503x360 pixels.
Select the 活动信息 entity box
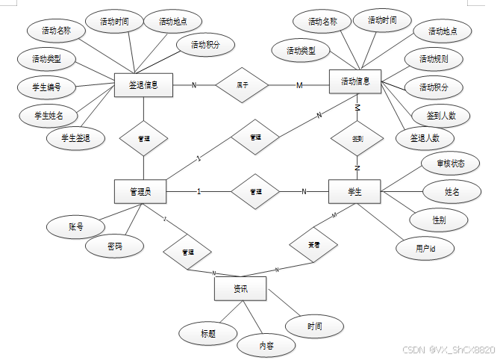click(355, 82)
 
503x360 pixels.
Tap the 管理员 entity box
click(140, 192)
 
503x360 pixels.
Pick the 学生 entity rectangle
click(354, 192)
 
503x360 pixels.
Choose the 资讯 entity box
click(240, 288)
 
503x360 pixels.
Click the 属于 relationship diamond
click(242, 84)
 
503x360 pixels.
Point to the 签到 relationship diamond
click(357, 138)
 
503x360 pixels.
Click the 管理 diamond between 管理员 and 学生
click(255, 192)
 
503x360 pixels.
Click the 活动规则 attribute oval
click(434, 59)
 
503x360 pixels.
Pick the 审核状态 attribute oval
click(449, 162)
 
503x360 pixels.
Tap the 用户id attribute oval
click(425, 248)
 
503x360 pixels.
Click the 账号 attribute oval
click(76, 226)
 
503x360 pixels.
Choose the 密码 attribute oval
click(114, 246)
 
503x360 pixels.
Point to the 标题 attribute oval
click(208, 334)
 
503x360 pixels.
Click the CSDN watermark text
click(448, 350)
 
